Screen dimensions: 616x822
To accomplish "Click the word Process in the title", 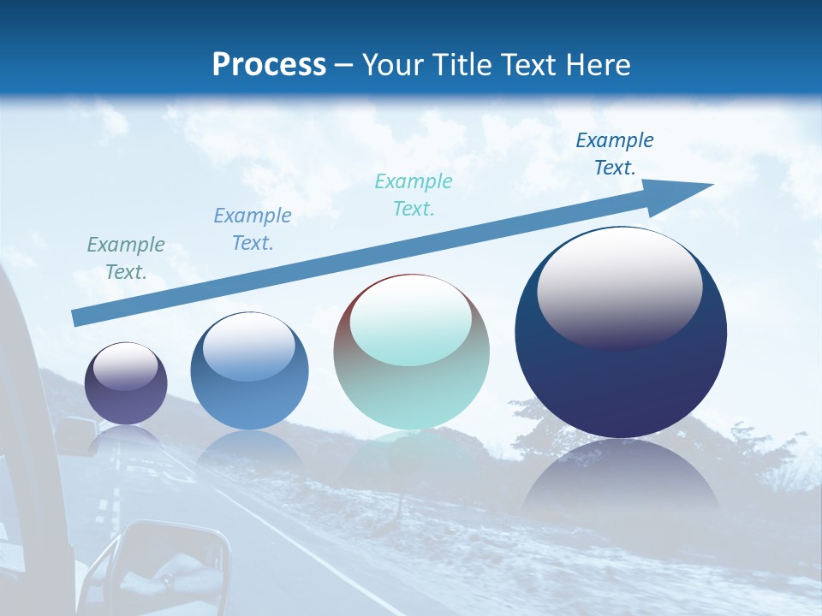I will tap(269, 65).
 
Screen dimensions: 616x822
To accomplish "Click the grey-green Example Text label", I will tap(126, 258).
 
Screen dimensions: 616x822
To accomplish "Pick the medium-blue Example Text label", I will tap(253, 229).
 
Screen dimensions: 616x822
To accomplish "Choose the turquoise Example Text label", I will tap(414, 194).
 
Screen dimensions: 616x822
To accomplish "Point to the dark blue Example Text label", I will tap(615, 154).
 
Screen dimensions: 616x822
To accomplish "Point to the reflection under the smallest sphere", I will tap(126, 436).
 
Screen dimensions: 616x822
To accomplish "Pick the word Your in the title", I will tap(395, 65).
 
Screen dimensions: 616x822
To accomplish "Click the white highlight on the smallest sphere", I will tap(125, 366).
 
